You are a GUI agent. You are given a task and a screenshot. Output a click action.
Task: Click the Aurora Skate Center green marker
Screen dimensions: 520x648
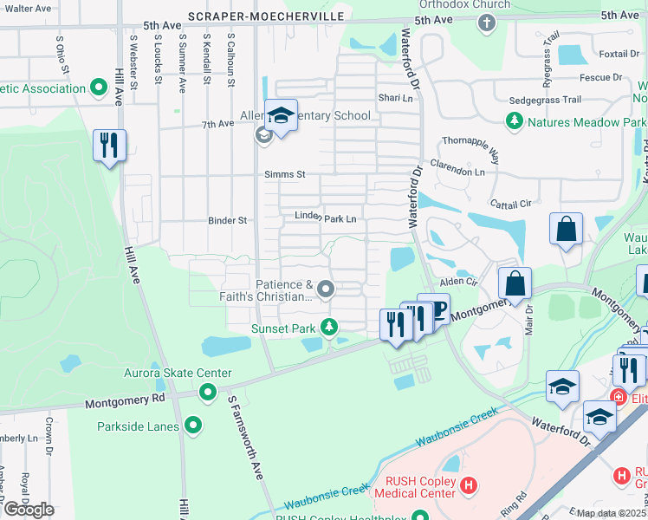208,393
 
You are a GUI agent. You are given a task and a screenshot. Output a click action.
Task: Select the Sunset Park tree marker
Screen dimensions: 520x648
328,328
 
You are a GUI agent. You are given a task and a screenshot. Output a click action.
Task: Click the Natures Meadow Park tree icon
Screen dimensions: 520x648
515,122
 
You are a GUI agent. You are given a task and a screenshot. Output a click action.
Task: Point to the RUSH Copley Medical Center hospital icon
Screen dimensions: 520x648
469,485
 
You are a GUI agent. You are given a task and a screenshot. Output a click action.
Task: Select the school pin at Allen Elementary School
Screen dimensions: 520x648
281,116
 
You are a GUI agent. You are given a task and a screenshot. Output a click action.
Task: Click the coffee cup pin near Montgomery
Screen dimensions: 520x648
433,309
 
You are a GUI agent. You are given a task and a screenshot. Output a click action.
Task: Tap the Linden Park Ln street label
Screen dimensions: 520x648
326,218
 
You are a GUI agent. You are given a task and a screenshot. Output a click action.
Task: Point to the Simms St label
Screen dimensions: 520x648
285,174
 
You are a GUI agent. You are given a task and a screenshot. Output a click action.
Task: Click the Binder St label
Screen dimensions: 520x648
228,221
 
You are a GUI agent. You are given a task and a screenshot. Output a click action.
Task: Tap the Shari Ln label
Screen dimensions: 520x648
395,97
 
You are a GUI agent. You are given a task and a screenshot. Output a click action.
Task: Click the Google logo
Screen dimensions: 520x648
29,510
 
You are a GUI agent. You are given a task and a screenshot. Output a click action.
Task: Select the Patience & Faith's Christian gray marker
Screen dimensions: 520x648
326,289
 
